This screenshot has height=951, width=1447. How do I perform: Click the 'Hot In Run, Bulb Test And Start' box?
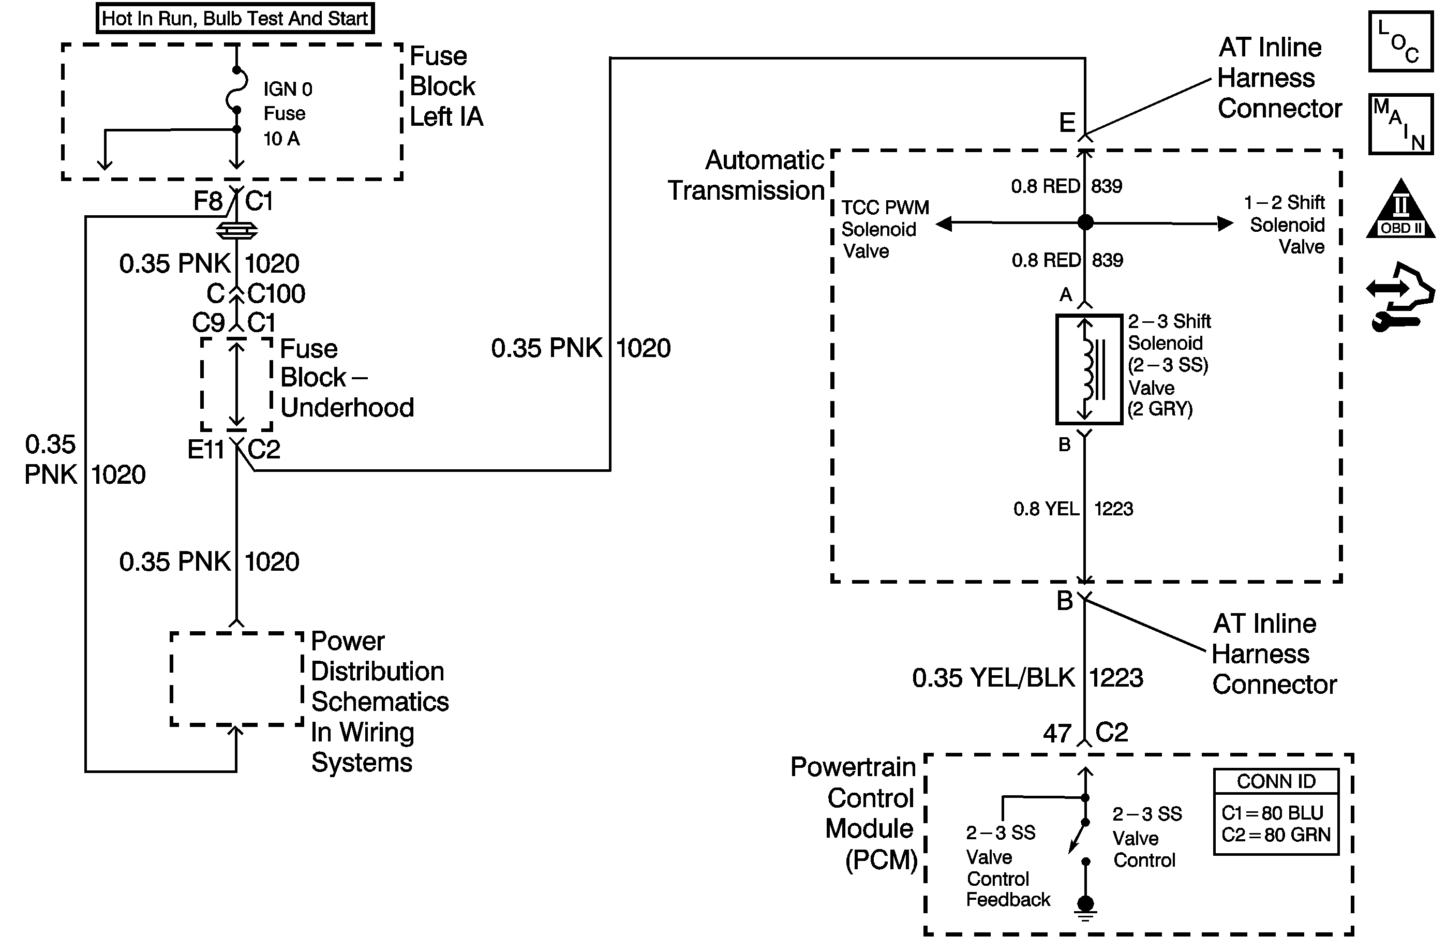[235, 18]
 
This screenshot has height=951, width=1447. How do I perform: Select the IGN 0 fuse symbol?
[236, 91]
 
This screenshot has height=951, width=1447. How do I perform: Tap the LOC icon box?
[1401, 42]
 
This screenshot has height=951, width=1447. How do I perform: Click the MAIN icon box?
[1401, 124]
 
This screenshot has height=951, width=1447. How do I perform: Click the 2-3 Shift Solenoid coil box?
[1089, 369]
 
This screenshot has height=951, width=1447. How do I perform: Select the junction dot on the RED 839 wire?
[1085, 222]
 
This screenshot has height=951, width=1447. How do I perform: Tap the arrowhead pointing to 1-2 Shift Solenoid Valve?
[1225, 224]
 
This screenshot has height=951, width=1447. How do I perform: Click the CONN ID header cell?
[1276, 781]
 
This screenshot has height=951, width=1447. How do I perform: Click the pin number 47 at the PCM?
[1057, 733]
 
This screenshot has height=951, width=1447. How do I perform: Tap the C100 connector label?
[276, 294]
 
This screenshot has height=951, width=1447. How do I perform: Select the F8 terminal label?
[208, 201]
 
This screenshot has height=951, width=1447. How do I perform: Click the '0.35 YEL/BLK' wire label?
[993, 678]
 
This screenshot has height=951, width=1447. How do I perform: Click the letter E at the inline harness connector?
[1067, 123]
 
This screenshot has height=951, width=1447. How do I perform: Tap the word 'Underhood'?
[347, 407]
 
